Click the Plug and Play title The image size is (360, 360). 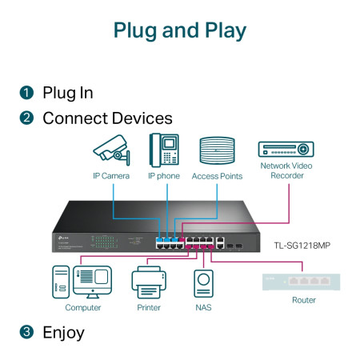179,30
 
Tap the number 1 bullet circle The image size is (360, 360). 26,93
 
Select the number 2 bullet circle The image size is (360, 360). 26,118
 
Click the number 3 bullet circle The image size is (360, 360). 26,331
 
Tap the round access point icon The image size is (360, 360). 217,150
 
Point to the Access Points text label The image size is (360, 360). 217,176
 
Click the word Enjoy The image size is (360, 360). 63,331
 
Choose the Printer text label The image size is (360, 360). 148,307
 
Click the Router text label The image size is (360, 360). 303,300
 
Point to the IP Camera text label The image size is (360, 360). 110,176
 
